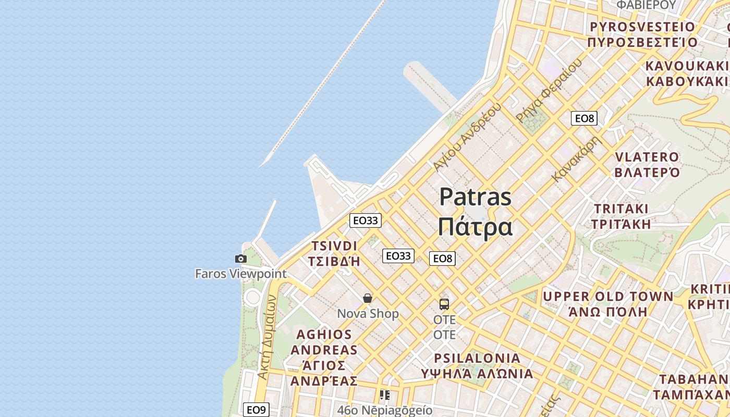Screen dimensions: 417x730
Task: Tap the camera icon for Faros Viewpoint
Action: (240, 259)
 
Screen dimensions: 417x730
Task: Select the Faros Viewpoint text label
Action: (240, 274)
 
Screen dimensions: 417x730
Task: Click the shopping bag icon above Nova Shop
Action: (368, 298)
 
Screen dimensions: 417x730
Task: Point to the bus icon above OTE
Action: (444, 304)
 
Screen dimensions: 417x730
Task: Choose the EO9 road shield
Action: (257, 410)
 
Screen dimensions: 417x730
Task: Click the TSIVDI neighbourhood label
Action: (334, 253)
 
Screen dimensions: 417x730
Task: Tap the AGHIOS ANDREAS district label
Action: (324, 358)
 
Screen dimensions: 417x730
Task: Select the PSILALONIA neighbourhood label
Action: (478, 366)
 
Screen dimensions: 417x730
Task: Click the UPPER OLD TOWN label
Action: (608, 304)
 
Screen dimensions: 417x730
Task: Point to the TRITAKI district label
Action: (621, 216)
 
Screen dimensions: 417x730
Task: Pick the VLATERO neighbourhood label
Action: (647, 165)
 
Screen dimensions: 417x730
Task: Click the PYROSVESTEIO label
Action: (642, 34)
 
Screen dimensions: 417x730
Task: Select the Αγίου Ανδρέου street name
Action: (467, 137)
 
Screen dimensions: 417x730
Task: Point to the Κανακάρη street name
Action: (577, 158)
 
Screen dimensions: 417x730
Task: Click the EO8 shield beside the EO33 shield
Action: (442, 258)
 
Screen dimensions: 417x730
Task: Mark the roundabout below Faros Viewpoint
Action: (253, 298)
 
